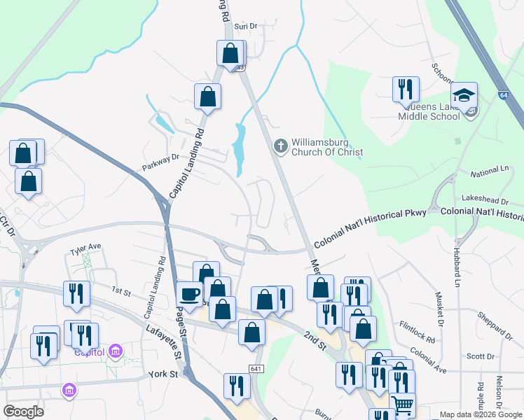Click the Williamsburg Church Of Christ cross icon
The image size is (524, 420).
pyautogui.click(x=280, y=146)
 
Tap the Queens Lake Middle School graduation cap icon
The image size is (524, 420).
pyautogui.click(x=464, y=94)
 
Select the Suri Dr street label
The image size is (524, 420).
pyautogui.click(x=246, y=26)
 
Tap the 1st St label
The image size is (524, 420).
pyautogui.click(x=121, y=290)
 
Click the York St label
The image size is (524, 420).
pyautogui.click(x=165, y=374)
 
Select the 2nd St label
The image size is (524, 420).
pyautogui.click(x=315, y=341)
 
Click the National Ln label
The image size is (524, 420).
pyautogui.click(x=489, y=172)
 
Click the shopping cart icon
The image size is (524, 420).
pyautogui.click(x=402, y=405)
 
